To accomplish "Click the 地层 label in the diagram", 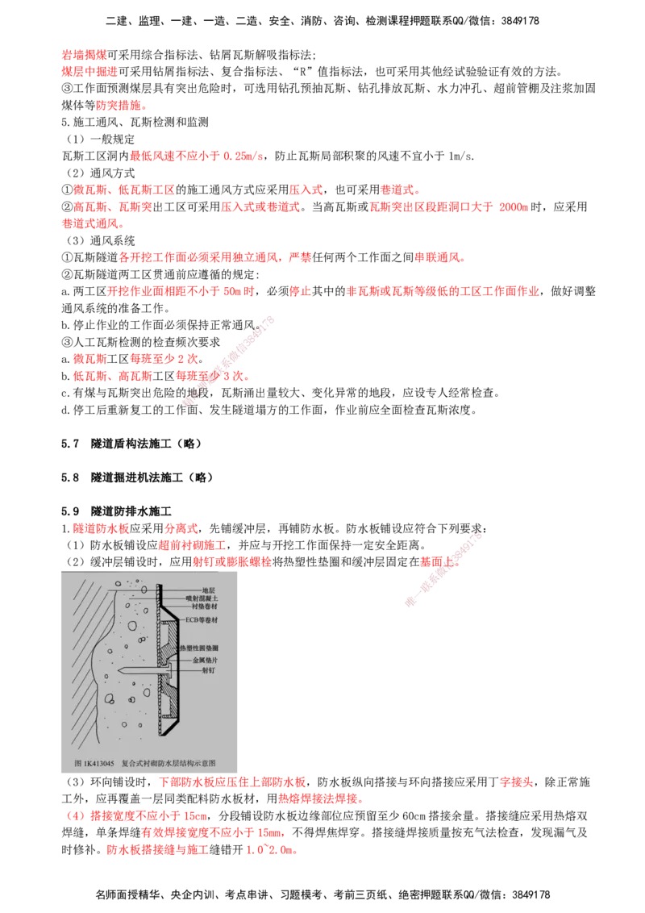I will [x=209, y=590].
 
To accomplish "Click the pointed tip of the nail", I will [x=119, y=670].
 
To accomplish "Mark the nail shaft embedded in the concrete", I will [x=141, y=670].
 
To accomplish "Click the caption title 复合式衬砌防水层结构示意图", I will [x=174, y=762].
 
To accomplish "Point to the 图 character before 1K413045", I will [x=77, y=762].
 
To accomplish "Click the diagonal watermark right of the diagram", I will [x=443, y=569].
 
